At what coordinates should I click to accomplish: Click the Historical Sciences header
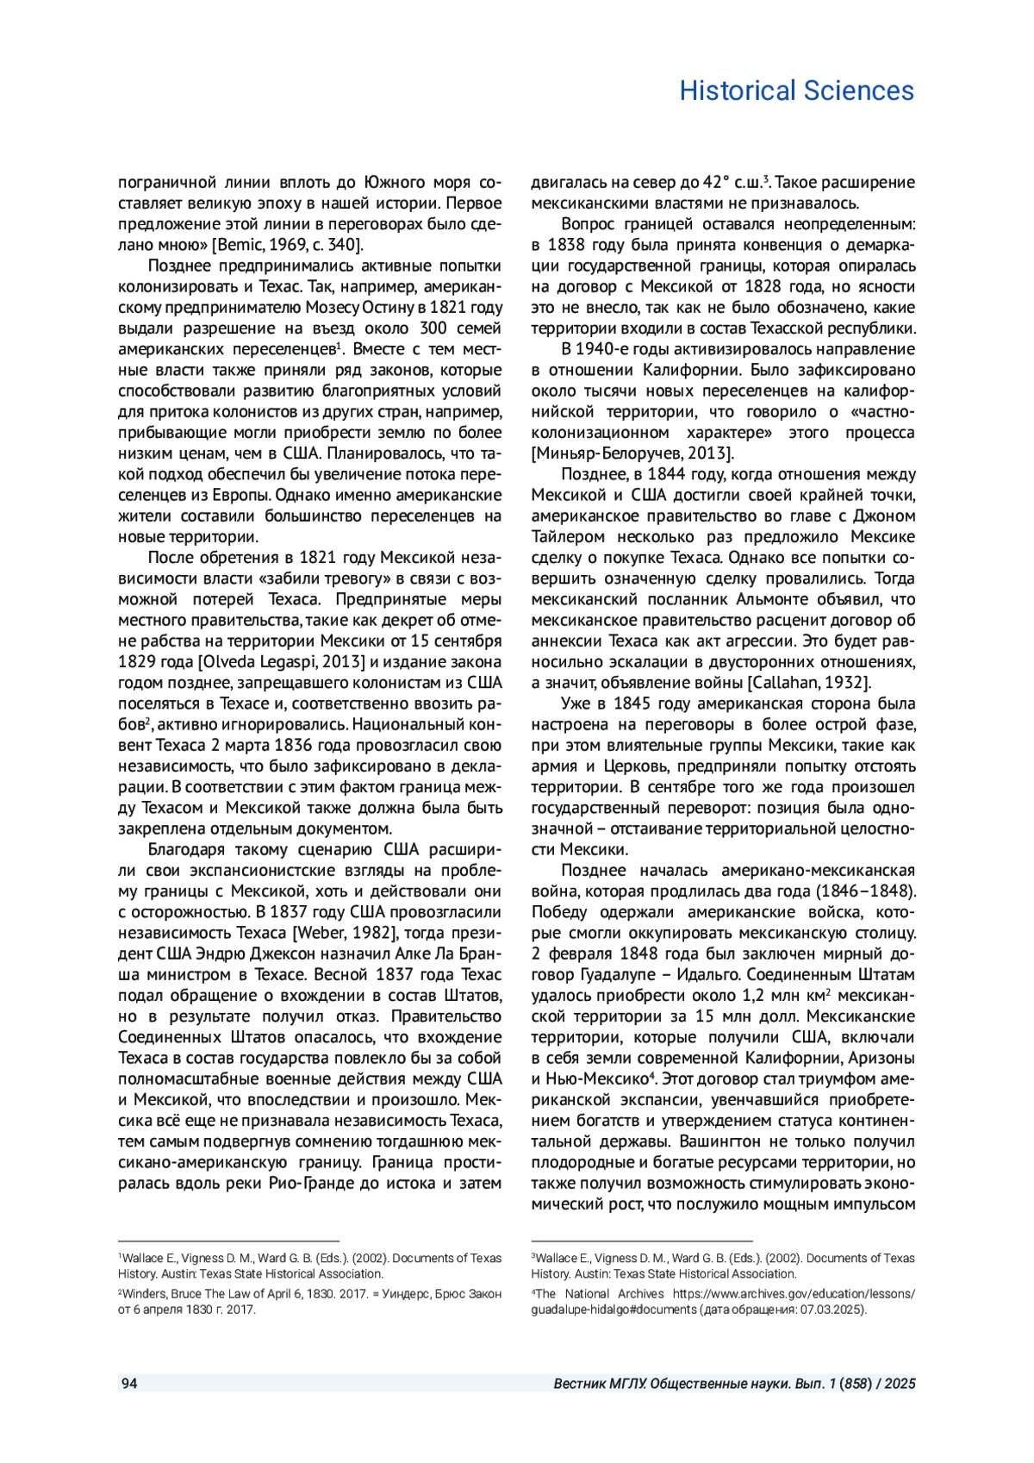coord(796,91)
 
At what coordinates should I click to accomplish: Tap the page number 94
coord(129,1384)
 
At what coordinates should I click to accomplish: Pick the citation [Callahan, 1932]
coord(808,683)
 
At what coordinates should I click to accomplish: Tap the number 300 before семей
coord(433,328)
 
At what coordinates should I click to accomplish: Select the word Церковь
coord(636,766)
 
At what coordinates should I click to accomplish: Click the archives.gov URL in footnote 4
coord(793,1294)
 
